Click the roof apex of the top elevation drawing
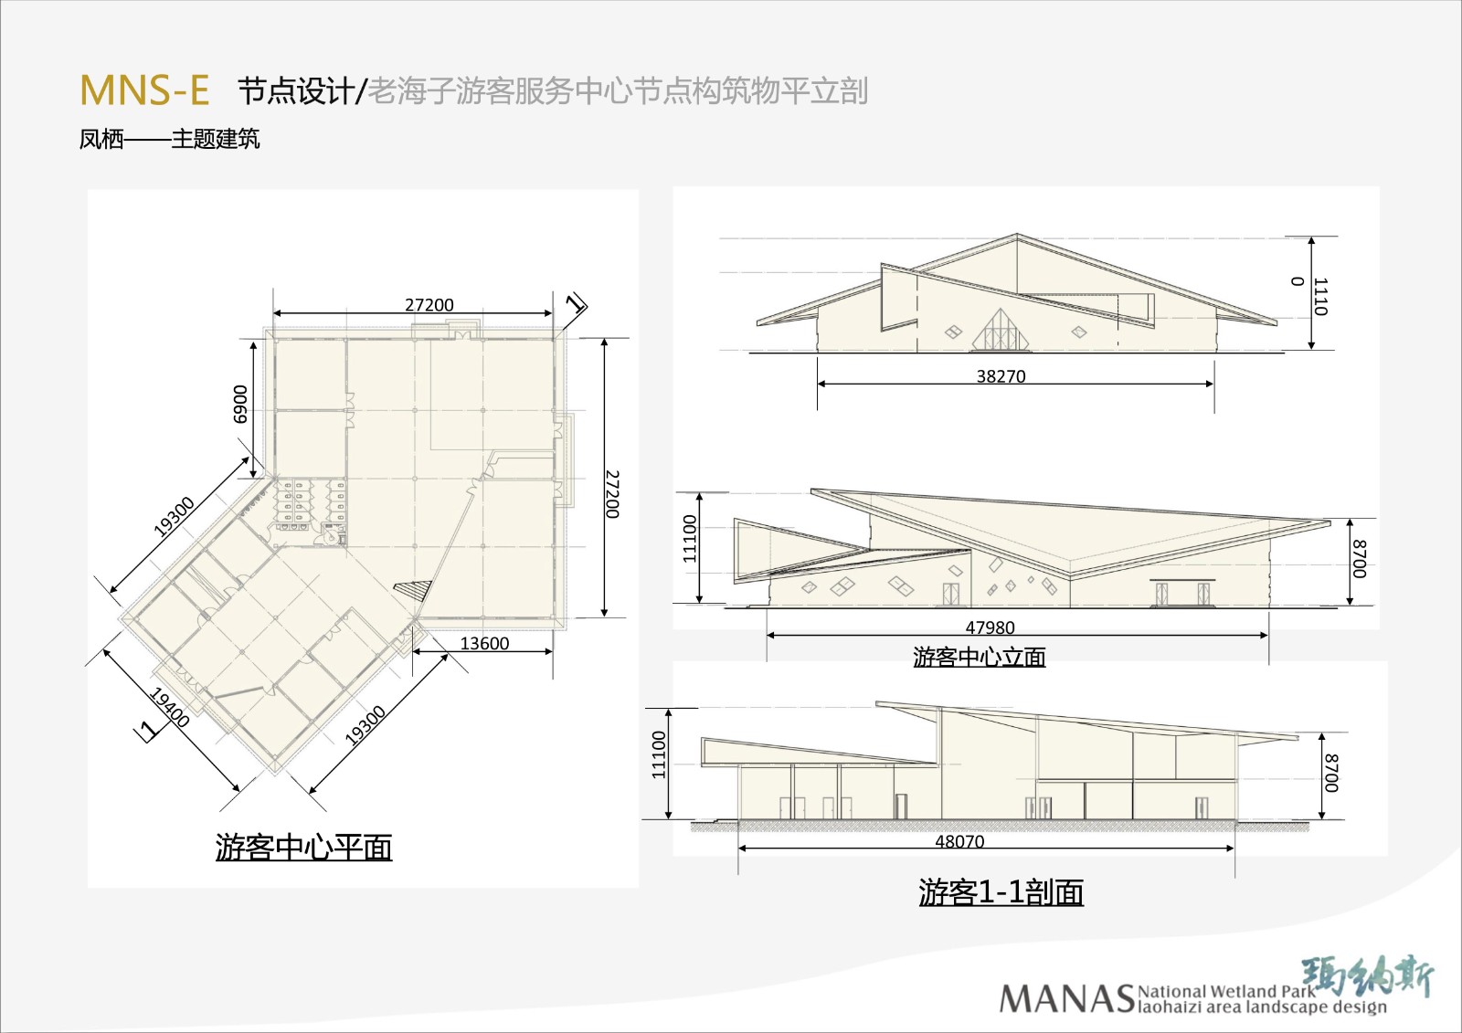pyautogui.click(x=1016, y=234)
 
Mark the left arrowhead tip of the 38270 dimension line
pyautogui.click(x=819, y=384)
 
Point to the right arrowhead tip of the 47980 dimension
pyautogui.click(x=1268, y=635)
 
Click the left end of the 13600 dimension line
pyautogui.click(x=414, y=650)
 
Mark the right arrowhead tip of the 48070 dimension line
pyautogui.click(x=1234, y=849)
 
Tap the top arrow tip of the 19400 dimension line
pyautogui.click(x=105, y=650)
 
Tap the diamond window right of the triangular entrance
pyautogui.click(x=1079, y=332)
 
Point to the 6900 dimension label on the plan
pyautogui.click(x=240, y=404)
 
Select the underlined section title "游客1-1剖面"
pyautogui.click(x=1001, y=892)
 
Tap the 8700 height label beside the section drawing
pyautogui.click(x=1331, y=774)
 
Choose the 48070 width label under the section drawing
pyautogui.click(x=959, y=841)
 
